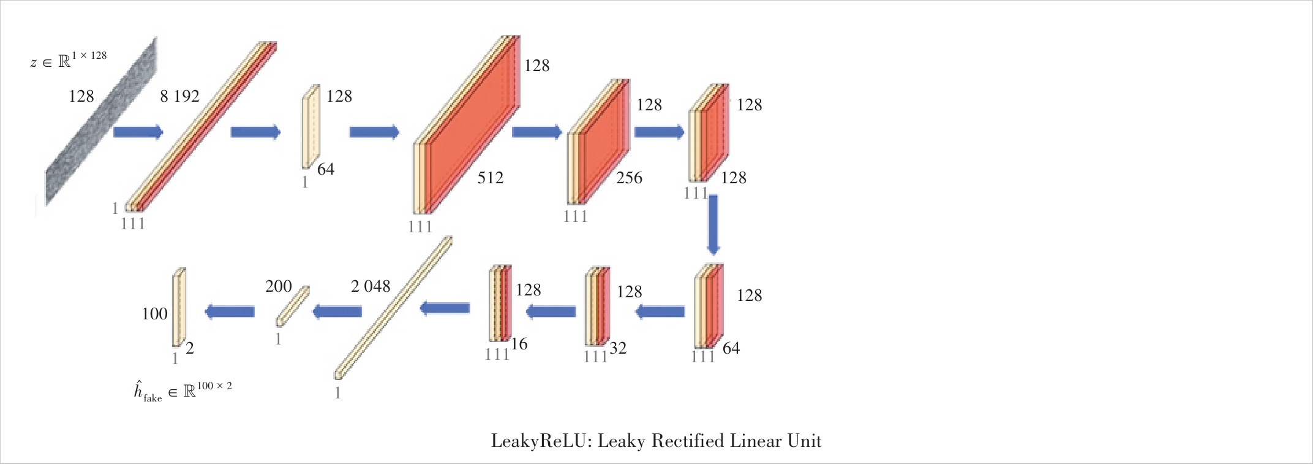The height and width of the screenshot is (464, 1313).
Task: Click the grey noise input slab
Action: point(101,121)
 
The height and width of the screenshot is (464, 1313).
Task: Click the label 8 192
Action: point(179,96)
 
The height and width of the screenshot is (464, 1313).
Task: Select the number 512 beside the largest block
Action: point(490,178)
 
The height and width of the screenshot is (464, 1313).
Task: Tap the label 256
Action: point(629,178)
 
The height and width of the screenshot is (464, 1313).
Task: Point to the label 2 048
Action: point(371,286)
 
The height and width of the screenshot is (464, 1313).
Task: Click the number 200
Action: point(279,286)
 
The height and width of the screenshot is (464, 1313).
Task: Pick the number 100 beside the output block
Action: point(154,314)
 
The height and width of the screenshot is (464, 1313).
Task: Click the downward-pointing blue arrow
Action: point(713,225)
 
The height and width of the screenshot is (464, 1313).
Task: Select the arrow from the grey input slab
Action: point(138,132)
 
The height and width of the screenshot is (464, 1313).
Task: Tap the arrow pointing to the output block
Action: point(229,312)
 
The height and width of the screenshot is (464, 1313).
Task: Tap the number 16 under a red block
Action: point(519,344)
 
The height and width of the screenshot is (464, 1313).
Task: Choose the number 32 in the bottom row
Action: point(617,348)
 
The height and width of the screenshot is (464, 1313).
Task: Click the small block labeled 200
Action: point(293,306)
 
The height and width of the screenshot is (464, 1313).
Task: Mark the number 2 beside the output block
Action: point(190,348)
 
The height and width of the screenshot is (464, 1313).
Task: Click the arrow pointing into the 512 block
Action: point(374,132)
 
